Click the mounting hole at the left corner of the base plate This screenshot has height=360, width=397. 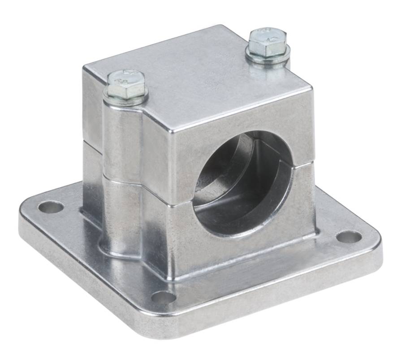tap(51, 207)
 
